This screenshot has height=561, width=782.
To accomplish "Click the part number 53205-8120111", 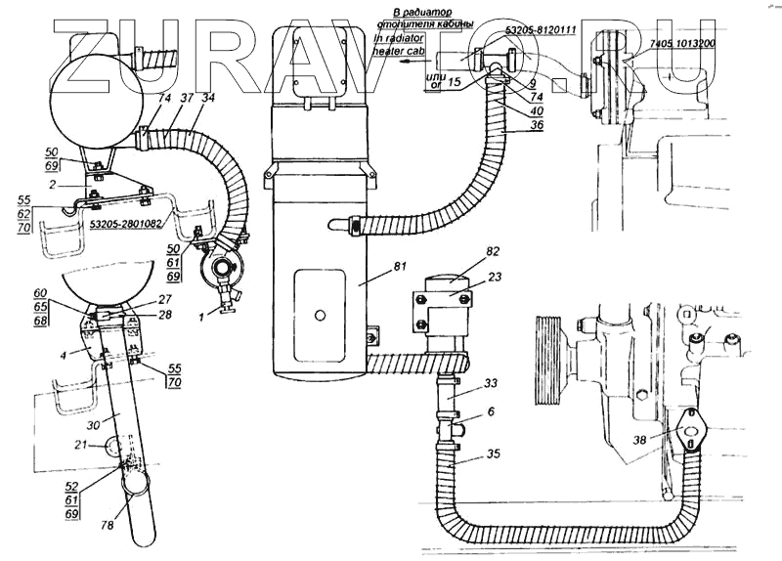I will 541,31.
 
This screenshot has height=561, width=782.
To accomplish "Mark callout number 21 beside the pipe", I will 79,445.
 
